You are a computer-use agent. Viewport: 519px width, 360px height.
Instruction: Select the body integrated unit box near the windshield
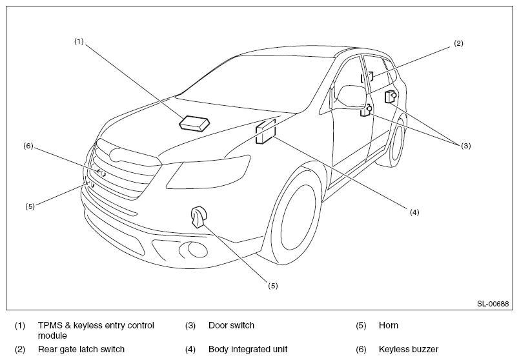[266, 132]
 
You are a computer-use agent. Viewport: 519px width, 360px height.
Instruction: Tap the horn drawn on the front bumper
[198, 217]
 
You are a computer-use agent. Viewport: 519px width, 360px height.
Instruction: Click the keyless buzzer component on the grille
[101, 172]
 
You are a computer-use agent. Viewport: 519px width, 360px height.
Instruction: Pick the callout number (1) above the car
[79, 41]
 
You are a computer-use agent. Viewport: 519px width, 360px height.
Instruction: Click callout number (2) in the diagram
[458, 43]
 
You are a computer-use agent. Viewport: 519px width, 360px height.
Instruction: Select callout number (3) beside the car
[466, 146]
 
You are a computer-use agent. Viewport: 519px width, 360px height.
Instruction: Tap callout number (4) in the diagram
[414, 212]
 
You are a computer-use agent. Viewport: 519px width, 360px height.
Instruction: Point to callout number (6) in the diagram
[28, 146]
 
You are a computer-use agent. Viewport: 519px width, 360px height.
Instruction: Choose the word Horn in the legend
[389, 325]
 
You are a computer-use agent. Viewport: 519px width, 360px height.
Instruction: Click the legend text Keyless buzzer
[408, 349]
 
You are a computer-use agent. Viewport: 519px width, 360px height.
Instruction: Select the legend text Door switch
[231, 325]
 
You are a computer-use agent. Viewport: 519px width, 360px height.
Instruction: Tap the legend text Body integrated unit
[248, 349]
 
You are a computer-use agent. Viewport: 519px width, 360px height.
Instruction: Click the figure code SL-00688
[493, 303]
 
